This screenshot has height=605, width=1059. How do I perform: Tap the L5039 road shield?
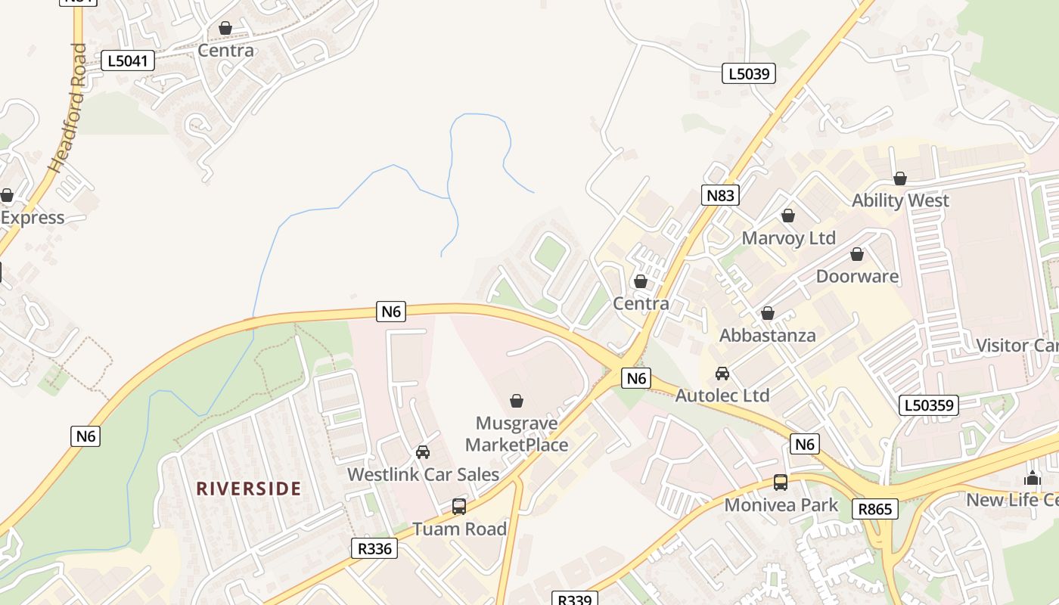point(748,73)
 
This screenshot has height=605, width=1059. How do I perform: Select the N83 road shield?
point(719,195)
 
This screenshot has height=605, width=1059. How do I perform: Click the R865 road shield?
point(875,509)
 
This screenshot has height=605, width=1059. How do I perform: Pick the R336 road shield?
point(374,548)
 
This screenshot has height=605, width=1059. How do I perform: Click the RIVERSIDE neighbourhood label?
point(249,489)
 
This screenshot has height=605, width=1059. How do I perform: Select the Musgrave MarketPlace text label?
point(517,434)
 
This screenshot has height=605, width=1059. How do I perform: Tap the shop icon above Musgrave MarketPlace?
point(517,400)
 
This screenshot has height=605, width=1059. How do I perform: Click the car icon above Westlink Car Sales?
point(423,451)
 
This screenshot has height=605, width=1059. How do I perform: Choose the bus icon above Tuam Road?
point(459,506)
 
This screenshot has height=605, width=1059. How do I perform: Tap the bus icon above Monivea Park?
point(780,482)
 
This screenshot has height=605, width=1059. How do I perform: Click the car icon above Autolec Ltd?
point(722,373)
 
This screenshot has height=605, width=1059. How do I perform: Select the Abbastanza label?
point(767,335)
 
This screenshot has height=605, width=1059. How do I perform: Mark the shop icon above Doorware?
point(857,254)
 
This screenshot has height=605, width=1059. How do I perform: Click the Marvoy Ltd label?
point(788,238)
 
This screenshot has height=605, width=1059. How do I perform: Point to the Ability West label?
point(900,200)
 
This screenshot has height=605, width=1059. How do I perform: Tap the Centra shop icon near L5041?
point(225,28)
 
